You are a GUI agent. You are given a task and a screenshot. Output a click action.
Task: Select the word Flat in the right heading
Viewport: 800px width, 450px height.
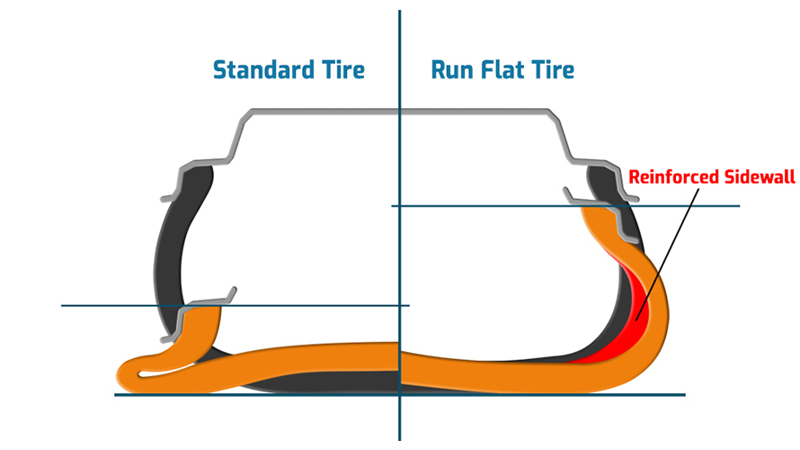[x=509, y=69]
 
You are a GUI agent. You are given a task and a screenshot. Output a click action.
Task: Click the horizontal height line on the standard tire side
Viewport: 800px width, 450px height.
[x=108, y=305]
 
